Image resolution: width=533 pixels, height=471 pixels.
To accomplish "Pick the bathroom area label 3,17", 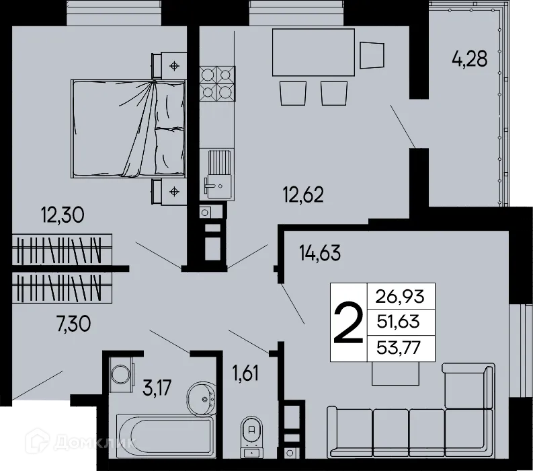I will (x=157, y=388).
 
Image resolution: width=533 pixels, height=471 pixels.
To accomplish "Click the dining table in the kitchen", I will (x=313, y=53).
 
